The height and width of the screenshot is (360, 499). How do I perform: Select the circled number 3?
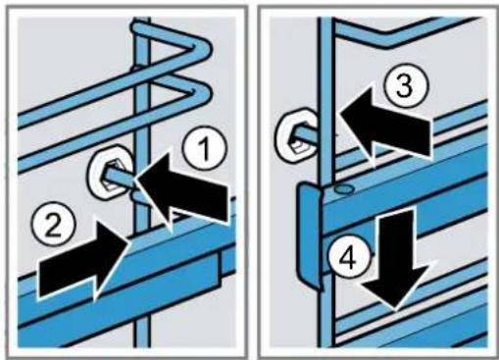click(x=405, y=86)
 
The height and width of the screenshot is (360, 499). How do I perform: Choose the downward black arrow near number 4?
click(x=394, y=258)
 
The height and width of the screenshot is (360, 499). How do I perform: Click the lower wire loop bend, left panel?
click(x=200, y=92)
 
